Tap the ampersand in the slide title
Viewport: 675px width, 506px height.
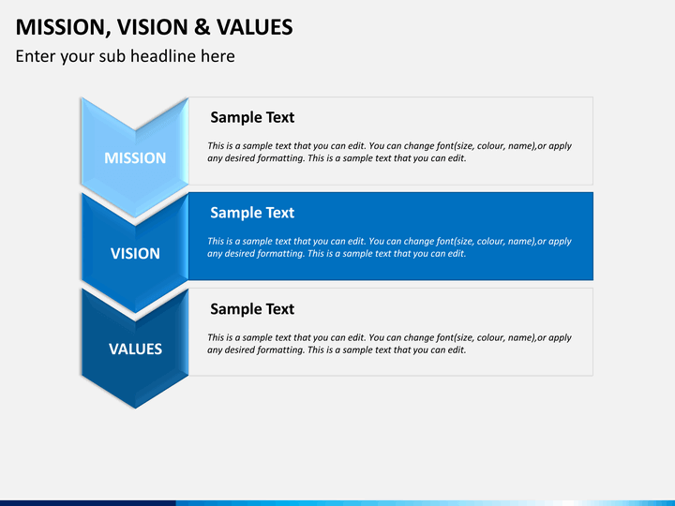202,27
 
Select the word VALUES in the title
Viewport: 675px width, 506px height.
254,27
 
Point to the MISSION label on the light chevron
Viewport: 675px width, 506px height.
135,158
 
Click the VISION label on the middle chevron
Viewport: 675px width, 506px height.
135,253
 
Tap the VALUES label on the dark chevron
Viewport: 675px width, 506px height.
135,349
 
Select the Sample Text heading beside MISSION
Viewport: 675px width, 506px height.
252,117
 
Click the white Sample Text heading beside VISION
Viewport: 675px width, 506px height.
252,213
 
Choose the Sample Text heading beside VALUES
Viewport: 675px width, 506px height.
252,309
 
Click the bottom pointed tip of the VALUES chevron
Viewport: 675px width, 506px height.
135,408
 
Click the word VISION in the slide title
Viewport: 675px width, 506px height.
153,27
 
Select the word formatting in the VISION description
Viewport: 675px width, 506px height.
281,253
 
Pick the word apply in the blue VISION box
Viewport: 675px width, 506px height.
560,242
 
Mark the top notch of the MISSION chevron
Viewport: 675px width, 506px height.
135,129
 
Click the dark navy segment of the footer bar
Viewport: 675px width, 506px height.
88,503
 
